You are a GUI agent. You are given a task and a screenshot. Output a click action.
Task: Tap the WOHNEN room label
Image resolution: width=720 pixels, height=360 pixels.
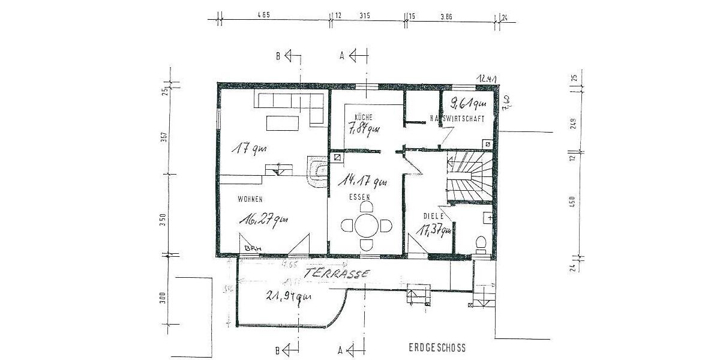pyautogui.click(x=251, y=199)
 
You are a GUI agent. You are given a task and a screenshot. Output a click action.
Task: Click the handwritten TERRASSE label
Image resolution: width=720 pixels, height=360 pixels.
pyautogui.click(x=337, y=273)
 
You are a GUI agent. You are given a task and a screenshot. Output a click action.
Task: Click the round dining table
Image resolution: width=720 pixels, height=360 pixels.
pyautogui.click(x=365, y=226)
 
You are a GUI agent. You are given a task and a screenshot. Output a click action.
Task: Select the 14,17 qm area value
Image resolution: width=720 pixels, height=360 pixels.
pyautogui.click(x=362, y=181)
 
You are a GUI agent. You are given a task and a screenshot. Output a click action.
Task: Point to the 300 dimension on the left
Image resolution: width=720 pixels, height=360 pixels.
pyautogui.click(x=162, y=298)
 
